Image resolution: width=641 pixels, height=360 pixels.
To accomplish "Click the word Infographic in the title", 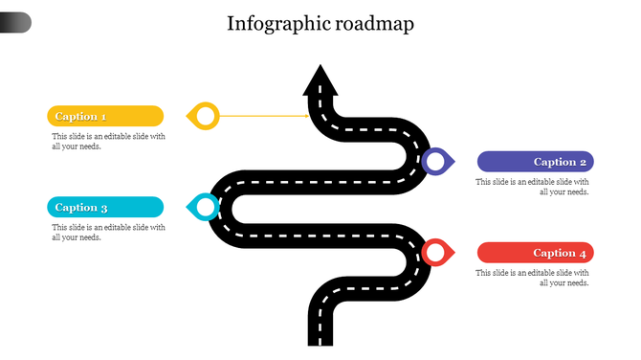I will point(276,24).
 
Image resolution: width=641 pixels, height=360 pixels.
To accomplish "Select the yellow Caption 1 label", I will point(105,116).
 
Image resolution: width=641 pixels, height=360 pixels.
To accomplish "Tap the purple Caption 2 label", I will point(536,162).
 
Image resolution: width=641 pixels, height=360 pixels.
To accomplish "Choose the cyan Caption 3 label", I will point(105,207).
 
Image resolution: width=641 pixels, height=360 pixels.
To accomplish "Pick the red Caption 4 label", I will point(536,253).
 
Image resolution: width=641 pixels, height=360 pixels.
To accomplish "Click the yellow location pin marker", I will point(205,116).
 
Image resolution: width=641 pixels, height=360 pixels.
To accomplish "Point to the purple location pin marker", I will point(436,162).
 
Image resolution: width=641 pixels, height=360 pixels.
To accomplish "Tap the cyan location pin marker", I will point(204,207).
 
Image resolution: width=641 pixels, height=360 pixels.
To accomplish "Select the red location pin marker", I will point(436,253).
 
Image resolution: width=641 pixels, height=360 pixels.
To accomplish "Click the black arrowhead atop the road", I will point(320,81).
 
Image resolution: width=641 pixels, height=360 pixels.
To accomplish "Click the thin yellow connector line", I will point(263,116).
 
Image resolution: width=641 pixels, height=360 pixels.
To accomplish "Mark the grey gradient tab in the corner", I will point(15,22).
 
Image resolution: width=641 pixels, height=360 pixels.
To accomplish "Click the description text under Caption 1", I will point(108,141).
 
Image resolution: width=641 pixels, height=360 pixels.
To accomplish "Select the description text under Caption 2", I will point(533,187).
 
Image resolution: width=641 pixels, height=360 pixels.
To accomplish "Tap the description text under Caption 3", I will point(108,233).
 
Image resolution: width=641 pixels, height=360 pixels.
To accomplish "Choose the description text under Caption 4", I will point(533,278).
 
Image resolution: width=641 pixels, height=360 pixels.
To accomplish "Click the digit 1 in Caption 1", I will point(102,117).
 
